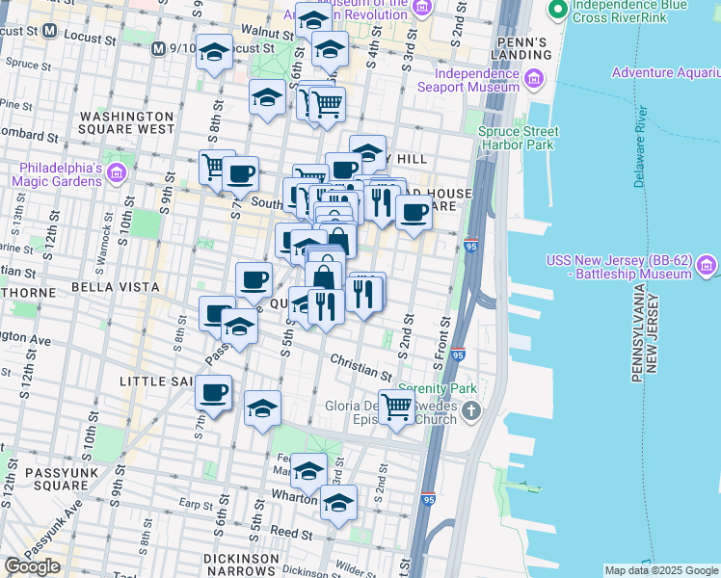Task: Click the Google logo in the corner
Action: tap(32, 566)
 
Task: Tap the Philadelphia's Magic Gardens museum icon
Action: tap(117, 173)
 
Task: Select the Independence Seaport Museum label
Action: tap(477, 80)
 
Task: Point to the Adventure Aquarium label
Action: tap(664, 73)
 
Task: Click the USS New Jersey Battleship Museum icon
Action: tap(706, 264)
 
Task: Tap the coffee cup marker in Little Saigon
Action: tap(213, 393)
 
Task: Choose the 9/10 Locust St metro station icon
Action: tap(157, 47)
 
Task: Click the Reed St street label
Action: tap(285, 531)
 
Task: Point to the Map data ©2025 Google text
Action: tap(661, 570)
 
